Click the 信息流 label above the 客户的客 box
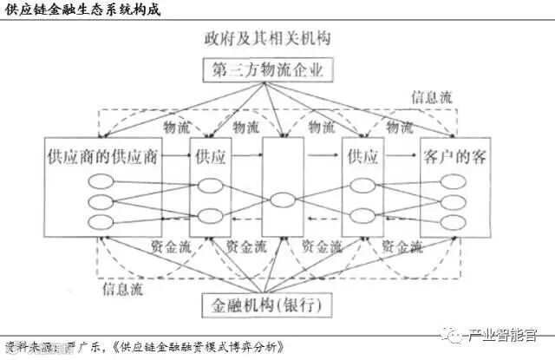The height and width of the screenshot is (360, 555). point(431,98)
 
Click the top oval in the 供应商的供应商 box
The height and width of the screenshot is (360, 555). point(101,183)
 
